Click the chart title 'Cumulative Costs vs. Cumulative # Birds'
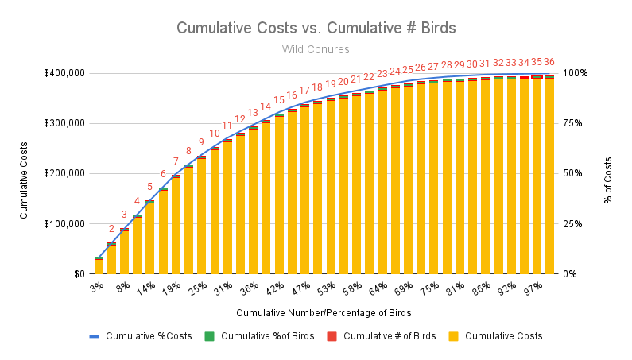[x=316, y=27]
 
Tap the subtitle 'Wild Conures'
[x=316, y=49]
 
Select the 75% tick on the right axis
[x=575, y=123]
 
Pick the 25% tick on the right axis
[x=575, y=224]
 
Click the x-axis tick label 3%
[x=96, y=286]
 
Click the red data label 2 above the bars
[x=111, y=230]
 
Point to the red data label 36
[x=549, y=62]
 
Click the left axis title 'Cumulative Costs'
[x=24, y=173]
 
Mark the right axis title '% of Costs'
[x=608, y=173]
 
